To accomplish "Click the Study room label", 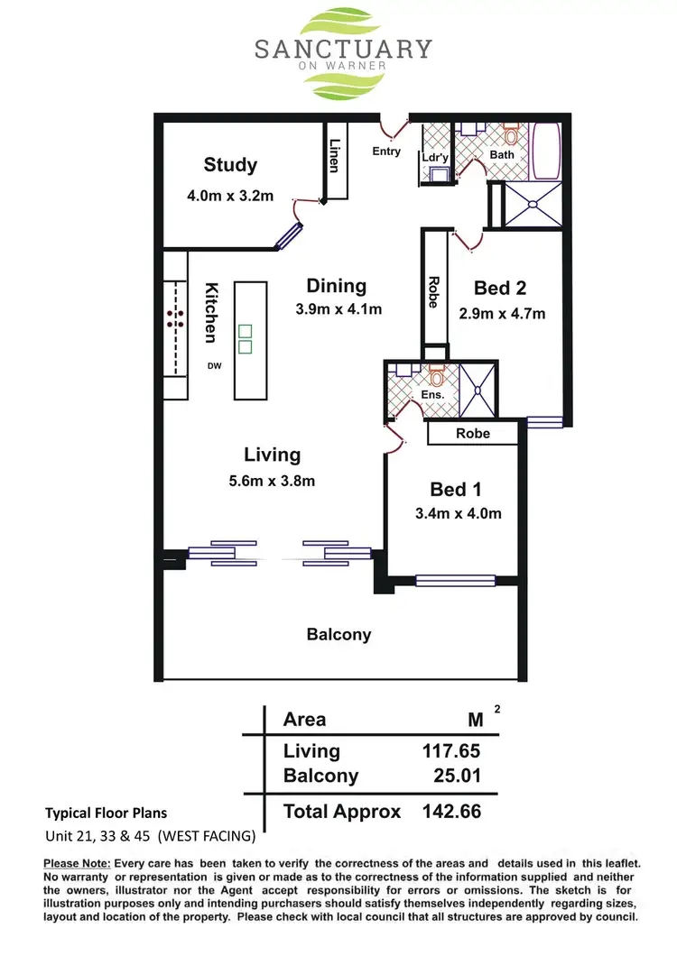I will [x=230, y=165].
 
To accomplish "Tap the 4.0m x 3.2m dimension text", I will [x=230, y=196].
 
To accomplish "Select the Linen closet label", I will [x=335, y=155].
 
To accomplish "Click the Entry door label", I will [x=386, y=152].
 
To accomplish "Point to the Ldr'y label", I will [x=435, y=158].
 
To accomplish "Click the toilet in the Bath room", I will [x=511, y=136].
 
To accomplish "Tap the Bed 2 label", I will [x=500, y=288].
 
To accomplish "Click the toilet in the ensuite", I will [x=437, y=372].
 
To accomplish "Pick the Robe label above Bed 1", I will [x=473, y=434].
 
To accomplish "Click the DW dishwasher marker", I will [x=215, y=365].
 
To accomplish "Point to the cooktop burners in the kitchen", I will [x=175, y=317].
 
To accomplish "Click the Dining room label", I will [x=337, y=286].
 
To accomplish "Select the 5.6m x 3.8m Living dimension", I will [x=272, y=481].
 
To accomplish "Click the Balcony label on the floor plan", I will [x=338, y=634].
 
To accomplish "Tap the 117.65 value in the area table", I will [x=451, y=751].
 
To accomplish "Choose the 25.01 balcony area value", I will [x=456, y=776].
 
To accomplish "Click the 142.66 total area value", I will [x=451, y=811].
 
